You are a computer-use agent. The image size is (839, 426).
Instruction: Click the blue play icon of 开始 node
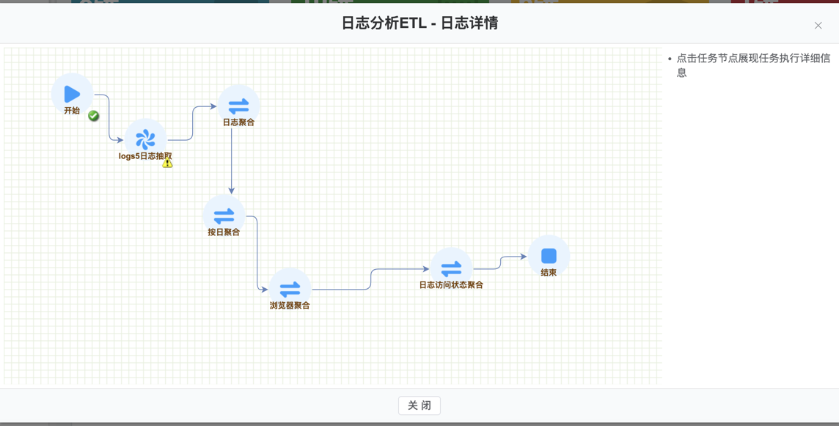click(x=72, y=94)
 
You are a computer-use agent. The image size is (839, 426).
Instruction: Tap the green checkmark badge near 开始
click(x=94, y=116)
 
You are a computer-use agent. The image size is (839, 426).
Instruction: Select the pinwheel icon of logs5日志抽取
click(x=145, y=139)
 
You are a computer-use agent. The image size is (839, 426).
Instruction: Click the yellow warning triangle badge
click(x=168, y=163)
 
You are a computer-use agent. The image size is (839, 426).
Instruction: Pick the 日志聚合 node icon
click(x=238, y=106)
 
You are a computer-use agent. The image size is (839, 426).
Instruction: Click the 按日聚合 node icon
click(x=224, y=216)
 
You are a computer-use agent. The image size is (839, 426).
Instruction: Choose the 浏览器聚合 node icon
click(x=290, y=289)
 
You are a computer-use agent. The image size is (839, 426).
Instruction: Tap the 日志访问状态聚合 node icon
click(x=451, y=268)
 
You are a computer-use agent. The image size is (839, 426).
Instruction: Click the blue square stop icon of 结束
click(x=549, y=256)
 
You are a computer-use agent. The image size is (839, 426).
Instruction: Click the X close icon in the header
click(x=818, y=26)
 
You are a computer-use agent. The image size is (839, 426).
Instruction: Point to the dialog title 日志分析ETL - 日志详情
click(x=419, y=23)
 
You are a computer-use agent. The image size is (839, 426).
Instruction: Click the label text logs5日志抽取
click(x=145, y=156)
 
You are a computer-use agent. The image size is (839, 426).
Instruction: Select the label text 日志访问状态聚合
click(x=451, y=285)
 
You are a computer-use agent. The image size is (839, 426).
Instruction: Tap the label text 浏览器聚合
click(x=290, y=306)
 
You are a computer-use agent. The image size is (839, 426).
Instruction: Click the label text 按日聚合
click(x=224, y=232)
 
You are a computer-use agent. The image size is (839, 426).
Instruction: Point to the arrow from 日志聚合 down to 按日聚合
click(x=232, y=161)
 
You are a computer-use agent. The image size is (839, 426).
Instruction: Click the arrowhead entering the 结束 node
click(x=524, y=257)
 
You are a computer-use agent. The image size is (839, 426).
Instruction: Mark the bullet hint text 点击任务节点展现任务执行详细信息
click(x=753, y=65)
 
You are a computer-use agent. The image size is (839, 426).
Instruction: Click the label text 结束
click(x=549, y=273)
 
